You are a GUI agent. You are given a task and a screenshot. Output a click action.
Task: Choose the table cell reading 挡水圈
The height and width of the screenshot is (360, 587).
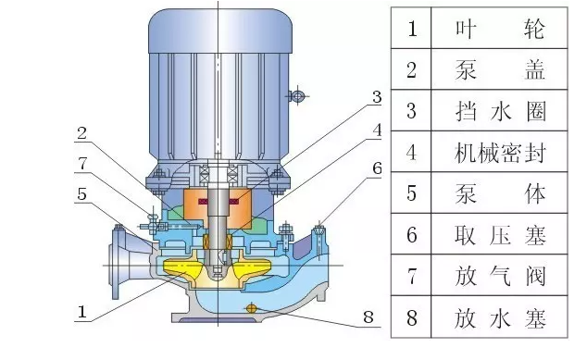pyautogui.click(x=498, y=111)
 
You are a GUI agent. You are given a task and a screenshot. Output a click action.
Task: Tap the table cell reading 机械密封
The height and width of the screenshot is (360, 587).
pyautogui.click(x=498, y=153)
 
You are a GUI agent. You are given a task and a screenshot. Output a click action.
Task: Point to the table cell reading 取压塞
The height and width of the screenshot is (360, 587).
pyautogui.click(x=498, y=235)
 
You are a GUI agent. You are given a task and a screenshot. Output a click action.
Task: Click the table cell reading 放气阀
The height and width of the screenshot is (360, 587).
pyautogui.click(x=498, y=277)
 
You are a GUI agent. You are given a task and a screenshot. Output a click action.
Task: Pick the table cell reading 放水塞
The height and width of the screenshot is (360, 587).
pyautogui.click(x=498, y=318)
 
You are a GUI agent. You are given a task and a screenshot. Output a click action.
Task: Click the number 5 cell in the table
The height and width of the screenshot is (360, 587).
pyautogui.click(x=412, y=194)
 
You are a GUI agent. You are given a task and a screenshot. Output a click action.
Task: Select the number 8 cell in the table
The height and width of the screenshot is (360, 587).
pyautogui.click(x=412, y=318)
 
